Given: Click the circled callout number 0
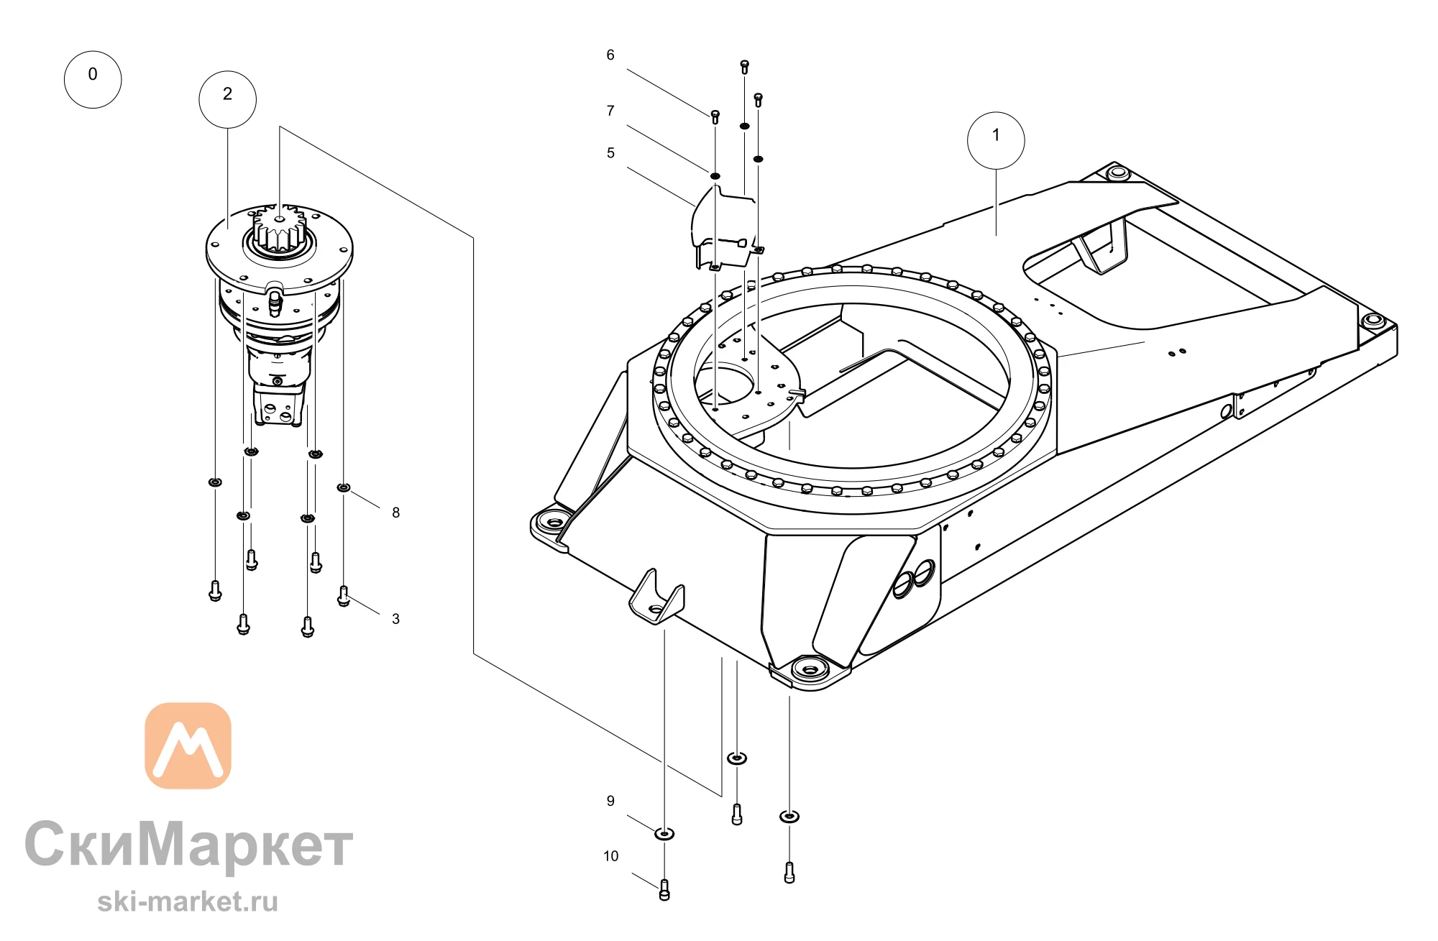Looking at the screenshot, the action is pos(93,80).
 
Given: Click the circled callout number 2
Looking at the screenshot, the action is pos(227,99).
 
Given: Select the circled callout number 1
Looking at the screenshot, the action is pos(996,140).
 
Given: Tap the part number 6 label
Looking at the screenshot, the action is pos(610,55).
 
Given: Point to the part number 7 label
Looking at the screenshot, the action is pos(610,111).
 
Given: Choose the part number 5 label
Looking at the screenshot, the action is pos(610,152).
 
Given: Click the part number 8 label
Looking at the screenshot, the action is pos(395,513).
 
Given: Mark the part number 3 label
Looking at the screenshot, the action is pos(395,619).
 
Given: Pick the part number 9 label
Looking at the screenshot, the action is pos(610,801).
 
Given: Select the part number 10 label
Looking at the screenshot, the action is pos(610,856).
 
